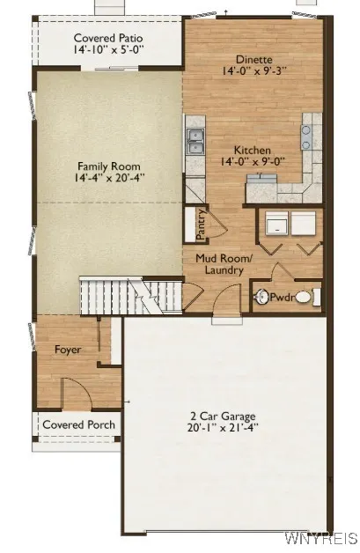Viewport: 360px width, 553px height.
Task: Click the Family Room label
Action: click(108, 166)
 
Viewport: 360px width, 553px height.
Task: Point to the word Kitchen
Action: click(252, 151)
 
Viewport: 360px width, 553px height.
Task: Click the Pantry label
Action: click(202, 224)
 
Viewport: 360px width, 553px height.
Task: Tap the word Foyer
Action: click(68, 350)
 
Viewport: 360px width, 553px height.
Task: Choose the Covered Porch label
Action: click(79, 424)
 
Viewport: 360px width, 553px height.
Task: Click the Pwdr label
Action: click(281, 298)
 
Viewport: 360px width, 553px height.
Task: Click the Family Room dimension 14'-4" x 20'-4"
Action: click(108, 178)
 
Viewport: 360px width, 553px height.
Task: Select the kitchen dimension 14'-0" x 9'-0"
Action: click(252, 162)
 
